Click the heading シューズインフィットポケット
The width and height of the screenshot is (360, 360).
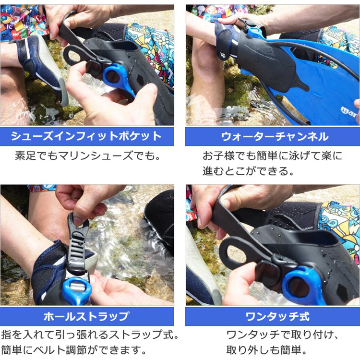pyautogui.click(x=86, y=136)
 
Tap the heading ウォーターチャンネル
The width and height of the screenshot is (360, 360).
pyautogui.click(x=275, y=137)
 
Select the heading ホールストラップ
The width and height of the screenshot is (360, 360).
pyautogui.click(x=86, y=316)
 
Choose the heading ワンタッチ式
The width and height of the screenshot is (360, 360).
pyautogui.click(x=278, y=317)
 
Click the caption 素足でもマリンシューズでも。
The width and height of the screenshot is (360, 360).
pyautogui.click(x=87, y=156)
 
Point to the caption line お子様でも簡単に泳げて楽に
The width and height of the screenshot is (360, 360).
pyautogui.click(x=272, y=156)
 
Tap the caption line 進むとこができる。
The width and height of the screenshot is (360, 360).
pyautogui.click(x=248, y=171)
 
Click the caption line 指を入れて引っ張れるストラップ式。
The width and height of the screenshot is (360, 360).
pyautogui.click(x=90, y=335)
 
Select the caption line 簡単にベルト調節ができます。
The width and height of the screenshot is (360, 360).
pyautogui.click(x=74, y=350)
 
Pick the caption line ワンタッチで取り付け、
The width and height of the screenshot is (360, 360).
pyautogui.click(x=282, y=335)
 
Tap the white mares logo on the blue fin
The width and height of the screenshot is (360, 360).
pyautogui.click(x=349, y=111)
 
